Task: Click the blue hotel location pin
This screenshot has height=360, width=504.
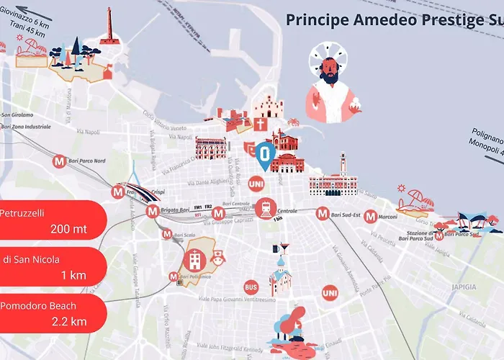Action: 266,156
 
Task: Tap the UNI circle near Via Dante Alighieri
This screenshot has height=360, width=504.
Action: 255,184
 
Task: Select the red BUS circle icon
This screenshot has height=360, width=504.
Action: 251,287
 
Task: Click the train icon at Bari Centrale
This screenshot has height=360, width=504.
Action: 265,208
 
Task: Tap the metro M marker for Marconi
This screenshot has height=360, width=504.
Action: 370,216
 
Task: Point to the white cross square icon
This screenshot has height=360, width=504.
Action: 260,124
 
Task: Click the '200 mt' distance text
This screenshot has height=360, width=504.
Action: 69,230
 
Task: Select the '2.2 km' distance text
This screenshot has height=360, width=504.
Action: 69,321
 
